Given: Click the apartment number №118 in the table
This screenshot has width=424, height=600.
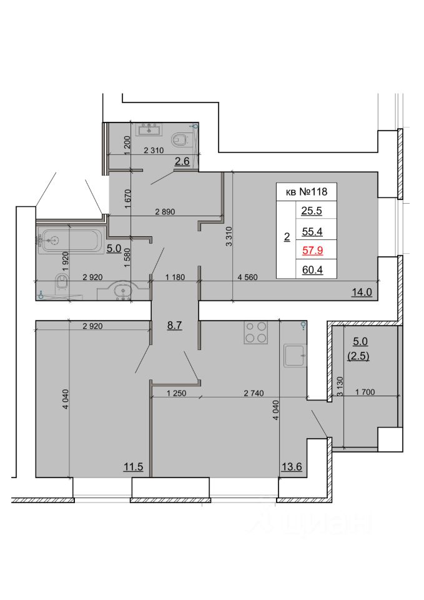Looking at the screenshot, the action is (x=313, y=191).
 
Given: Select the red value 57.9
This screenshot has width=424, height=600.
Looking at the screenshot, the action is (x=312, y=251).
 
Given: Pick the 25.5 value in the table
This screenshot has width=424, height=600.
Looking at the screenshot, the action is (x=312, y=211).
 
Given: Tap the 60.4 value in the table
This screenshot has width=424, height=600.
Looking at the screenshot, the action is (x=312, y=270).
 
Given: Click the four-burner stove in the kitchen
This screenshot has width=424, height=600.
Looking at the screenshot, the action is (x=256, y=332).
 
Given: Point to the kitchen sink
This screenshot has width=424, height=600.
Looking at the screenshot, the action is (x=295, y=356).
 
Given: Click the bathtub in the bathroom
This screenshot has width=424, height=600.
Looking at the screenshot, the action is (x=70, y=240).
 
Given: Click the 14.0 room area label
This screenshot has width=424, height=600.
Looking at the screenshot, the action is (x=362, y=292).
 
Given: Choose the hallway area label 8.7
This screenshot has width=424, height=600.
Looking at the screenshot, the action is (x=174, y=326).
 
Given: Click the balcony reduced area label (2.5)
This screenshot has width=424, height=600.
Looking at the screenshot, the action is (x=358, y=356).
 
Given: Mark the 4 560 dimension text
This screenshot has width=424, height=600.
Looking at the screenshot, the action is (x=247, y=277).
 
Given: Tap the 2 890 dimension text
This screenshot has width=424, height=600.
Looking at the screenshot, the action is (x=165, y=212).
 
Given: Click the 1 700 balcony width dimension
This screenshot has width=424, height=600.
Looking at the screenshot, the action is (x=365, y=392).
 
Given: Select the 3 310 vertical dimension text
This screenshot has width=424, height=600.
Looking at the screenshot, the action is (x=229, y=236).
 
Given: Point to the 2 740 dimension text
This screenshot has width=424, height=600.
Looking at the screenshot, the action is (x=254, y=393).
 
